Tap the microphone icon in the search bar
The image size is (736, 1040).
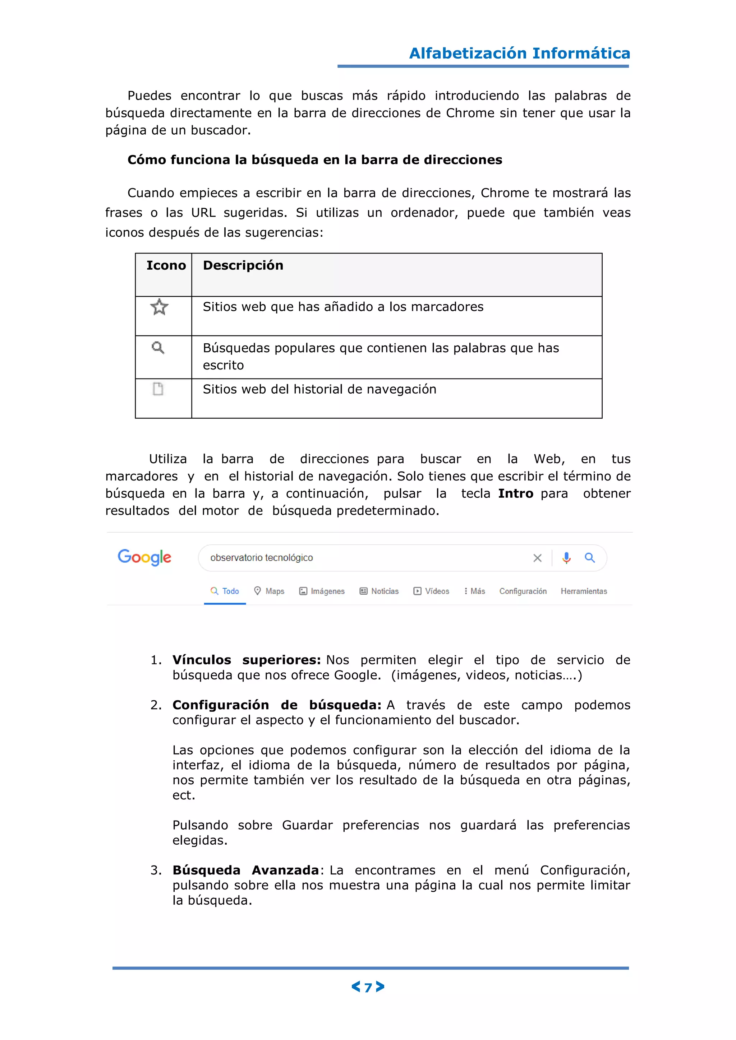(566, 558)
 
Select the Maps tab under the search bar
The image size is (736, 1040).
(269, 591)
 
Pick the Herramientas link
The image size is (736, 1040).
(583, 591)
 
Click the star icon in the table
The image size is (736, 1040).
(159, 307)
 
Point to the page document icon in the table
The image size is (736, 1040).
(158, 389)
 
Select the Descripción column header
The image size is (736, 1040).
(243, 265)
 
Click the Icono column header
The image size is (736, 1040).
(166, 265)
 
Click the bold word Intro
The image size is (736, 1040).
(515, 493)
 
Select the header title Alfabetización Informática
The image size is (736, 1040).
(519, 54)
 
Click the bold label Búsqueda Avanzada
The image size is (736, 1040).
(246, 870)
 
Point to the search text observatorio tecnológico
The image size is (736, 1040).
(262, 558)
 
